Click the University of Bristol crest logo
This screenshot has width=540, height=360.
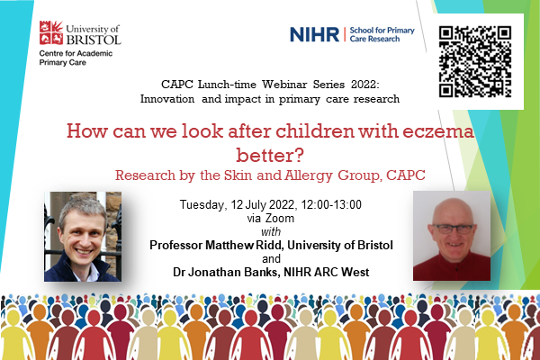point(51,32)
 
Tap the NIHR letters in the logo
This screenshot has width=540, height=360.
point(314,34)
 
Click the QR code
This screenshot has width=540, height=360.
point(475,62)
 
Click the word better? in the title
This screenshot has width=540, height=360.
point(270,156)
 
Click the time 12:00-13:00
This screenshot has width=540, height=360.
point(331,204)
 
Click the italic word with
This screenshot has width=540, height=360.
point(271,231)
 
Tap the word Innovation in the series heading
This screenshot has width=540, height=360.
point(167,99)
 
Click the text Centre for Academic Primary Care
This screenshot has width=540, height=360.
point(76,58)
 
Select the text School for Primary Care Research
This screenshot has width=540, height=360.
point(382,34)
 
